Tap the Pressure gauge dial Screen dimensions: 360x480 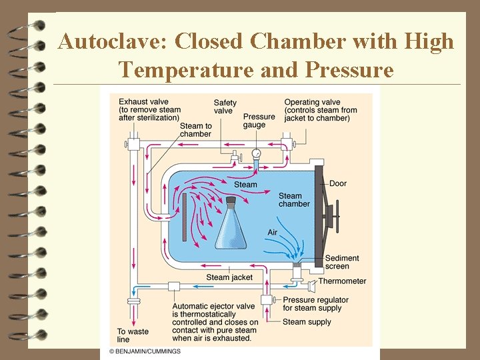pyautogui.click(x=257, y=153)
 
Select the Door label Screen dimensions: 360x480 pyautogui.click(x=338, y=183)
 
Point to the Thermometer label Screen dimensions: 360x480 pyautogui.click(x=342, y=281)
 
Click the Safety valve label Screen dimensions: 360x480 pyautogui.click(x=225, y=107)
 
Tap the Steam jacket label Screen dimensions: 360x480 pyautogui.click(x=229, y=277)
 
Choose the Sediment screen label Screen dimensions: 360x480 pyautogui.click(x=342, y=262)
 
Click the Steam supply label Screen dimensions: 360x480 pyautogui.click(x=307, y=322)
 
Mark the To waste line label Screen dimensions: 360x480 pyautogui.click(x=133, y=335)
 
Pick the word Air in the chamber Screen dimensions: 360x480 pyautogui.click(x=272, y=233)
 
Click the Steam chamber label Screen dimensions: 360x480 pyautogui.click(x=293, y=199)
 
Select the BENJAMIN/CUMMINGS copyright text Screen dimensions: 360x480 pyautogui.click(x=145, y=351)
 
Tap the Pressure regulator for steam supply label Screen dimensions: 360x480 pyautogui.click(x=315, y=304)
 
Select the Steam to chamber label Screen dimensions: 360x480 pyautogui.click(x=195, y=129)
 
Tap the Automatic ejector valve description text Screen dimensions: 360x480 pyautogui.click(x=214, y=322)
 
